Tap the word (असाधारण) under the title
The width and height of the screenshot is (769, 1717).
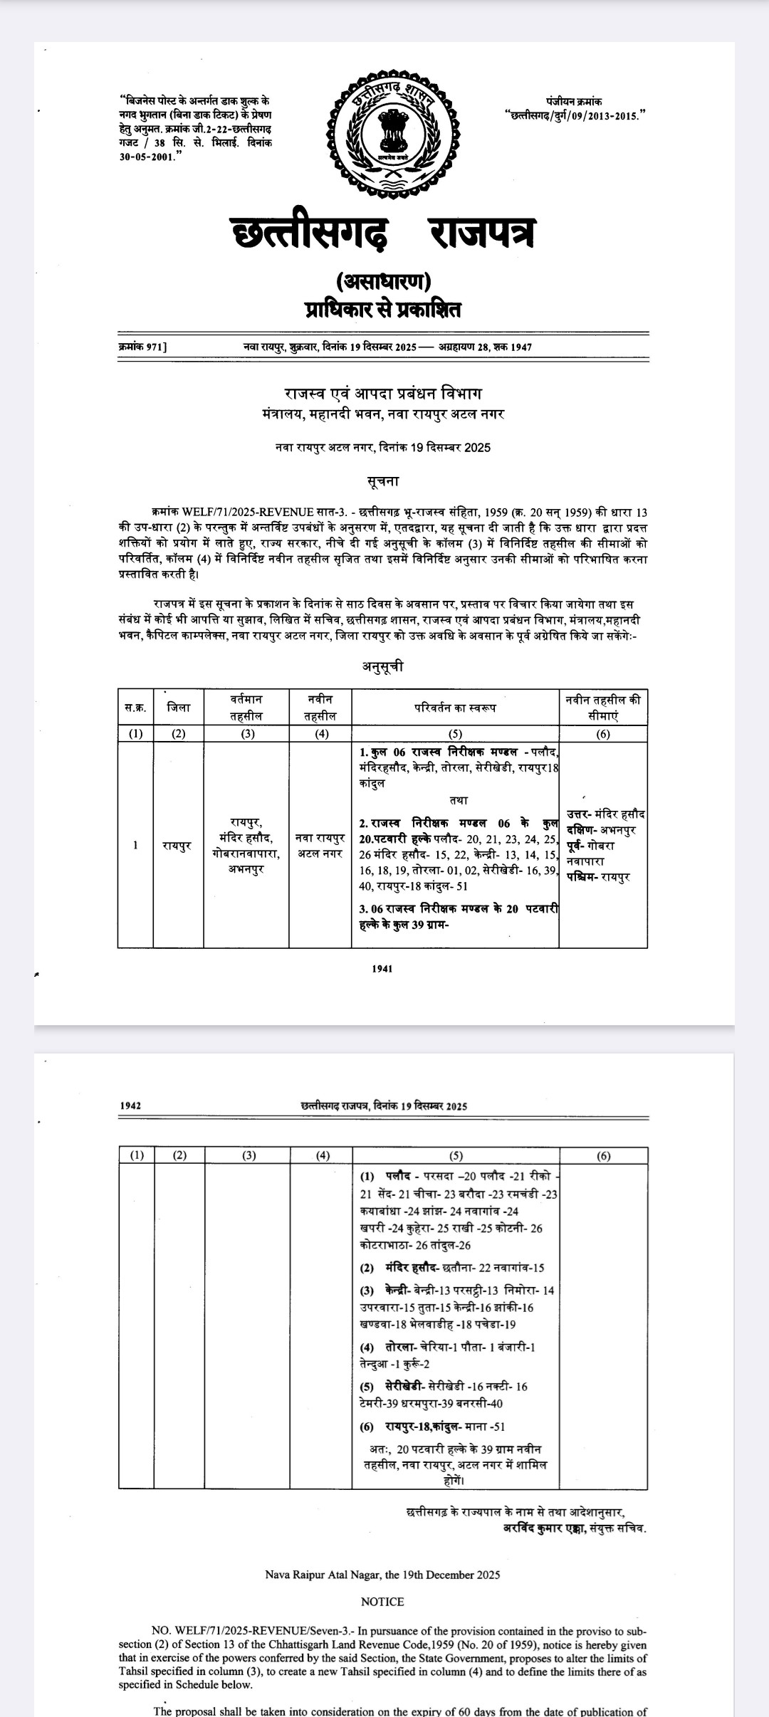(x=383, y=281)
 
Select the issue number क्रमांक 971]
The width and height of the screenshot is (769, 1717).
(x=142, y=347)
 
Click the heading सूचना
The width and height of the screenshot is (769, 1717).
(x=383, y=481)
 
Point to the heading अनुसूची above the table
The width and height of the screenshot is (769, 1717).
(x=383, y=667)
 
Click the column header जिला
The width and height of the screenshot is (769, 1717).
(x=179, y=707)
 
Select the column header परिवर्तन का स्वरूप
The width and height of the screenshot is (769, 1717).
(x=455, y=708)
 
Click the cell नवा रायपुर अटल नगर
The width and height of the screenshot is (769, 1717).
(x=320, y=846)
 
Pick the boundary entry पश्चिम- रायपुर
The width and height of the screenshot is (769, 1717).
(x=598, y=878)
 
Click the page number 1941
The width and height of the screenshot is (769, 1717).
(x=382, y=968)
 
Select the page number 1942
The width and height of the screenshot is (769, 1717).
(x=130, y=1106)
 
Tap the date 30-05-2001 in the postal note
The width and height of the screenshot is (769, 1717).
(x=147, y=157)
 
